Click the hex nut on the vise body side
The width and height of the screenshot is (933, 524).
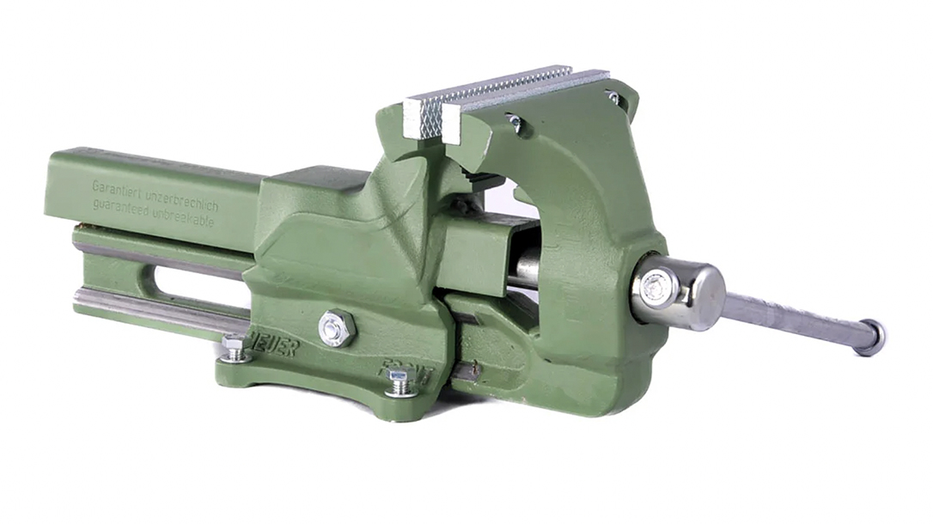[x=336, y=329]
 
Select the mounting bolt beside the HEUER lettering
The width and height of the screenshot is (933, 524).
[x=235, y=348]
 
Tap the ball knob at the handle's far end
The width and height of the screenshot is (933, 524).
[x=869, y=337]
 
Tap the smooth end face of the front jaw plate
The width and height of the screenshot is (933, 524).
[x=452, y=125]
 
